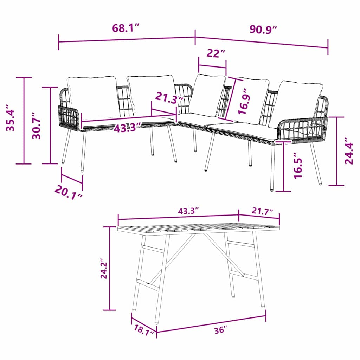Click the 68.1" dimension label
click(126, 28)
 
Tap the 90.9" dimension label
click(264, 29)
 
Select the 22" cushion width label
click(216, 54)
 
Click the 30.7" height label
click(36, 126)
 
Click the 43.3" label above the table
click(188, 211)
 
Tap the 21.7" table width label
click(262, 212)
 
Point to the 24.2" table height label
click(104, 269)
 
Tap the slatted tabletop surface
click(199, 227)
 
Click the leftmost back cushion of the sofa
click(92, 97)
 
